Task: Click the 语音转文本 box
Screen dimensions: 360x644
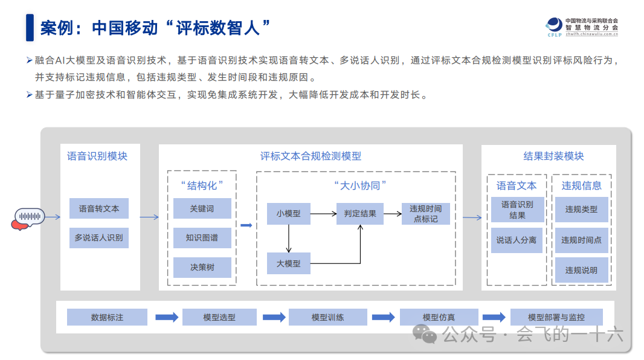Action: [98, 208]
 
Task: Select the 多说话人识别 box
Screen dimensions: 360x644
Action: [98, 238]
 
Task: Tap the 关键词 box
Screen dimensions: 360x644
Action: [202, 208]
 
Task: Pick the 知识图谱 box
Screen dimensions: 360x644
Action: [202, 238]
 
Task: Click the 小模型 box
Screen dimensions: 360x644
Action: [289, 213]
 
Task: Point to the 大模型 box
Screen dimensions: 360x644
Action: [289, 263]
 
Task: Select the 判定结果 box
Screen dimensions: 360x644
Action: [360, 213]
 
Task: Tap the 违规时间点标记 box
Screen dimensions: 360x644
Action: [425, 213]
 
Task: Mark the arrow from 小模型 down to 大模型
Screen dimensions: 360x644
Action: [289, 238]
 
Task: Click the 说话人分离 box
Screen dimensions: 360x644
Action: [517, 240]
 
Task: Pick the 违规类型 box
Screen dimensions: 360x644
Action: [581, 210]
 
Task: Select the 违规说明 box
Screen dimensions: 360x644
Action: [581, 270]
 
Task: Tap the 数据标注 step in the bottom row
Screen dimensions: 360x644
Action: [107, 317]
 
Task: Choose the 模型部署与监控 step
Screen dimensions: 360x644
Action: [556, 317]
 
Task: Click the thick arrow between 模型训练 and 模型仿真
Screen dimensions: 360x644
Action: [383, 317]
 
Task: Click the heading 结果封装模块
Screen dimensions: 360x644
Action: [553, 156]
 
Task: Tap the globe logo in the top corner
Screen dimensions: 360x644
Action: [554, 25]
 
